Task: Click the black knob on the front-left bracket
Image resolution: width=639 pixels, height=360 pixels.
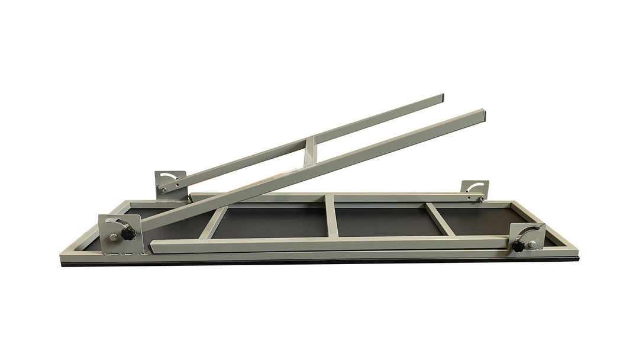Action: [x=128, y=234]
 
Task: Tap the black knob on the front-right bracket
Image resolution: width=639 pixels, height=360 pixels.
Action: [x=518, y=246]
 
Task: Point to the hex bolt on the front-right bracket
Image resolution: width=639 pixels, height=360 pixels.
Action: [x=532, y=243]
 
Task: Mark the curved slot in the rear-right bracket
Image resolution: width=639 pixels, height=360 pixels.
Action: [x=475, y=186]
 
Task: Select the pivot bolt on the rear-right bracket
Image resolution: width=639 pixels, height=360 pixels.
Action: [x=480, y=199]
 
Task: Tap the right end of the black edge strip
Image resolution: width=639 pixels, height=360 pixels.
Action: [x=577, y=259]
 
